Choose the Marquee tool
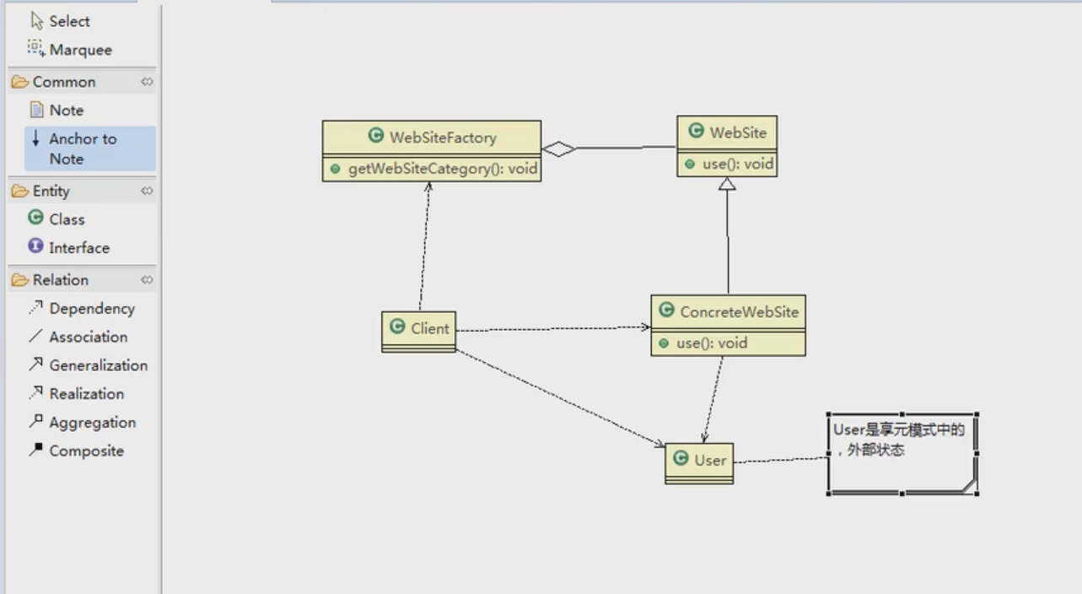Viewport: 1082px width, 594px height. click(70, 49)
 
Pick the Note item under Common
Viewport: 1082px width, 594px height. click(57, 111)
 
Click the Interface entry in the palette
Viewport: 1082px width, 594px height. click(69, 247)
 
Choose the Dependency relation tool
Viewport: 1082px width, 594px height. click(82, 308)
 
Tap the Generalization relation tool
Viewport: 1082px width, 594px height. click(88, 365)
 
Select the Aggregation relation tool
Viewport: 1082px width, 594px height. click(82, 423)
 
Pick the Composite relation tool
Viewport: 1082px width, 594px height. click(76, 451)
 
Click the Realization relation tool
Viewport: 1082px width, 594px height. click(76, 394)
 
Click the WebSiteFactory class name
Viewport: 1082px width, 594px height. click(443, 138)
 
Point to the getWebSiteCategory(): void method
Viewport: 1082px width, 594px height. click(443, 169)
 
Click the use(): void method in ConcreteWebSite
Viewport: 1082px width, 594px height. click(712, 343)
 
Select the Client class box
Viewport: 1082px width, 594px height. click(418, 332)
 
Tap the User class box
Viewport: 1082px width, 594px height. click(699, 463)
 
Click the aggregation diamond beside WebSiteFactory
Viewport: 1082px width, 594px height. click(559, 148)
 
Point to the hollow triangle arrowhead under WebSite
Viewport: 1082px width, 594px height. click(727, 184)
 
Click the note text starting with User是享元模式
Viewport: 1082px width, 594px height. click(898, 440)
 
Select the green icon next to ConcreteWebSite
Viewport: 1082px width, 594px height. click(666, 310)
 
